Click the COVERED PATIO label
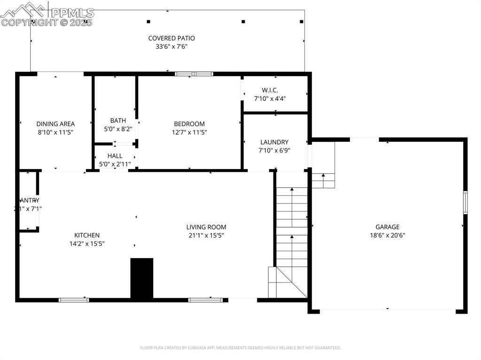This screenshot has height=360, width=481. point(171,38)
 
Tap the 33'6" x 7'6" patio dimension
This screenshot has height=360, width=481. point(171,46)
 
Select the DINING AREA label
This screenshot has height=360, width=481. point(55,124)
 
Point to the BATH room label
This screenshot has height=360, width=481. point(118,121)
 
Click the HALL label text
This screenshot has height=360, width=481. point(115,156)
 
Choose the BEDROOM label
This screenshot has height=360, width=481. point(189,124)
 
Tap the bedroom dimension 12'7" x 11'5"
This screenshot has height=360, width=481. point(189,132)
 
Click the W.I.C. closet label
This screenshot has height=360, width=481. point(270,90)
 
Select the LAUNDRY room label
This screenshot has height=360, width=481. point(274,142)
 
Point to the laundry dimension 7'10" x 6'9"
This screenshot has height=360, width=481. point(274,151)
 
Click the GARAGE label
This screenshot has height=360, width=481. point(388,227)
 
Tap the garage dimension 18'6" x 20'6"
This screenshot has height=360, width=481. point(388,235)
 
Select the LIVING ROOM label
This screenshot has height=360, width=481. point(206,227)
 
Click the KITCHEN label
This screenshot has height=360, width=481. point(87,235)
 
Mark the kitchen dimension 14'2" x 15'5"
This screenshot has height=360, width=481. point(87,244)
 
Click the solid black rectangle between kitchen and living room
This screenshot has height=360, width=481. point(142,278)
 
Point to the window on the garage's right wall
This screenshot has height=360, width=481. point(465,202)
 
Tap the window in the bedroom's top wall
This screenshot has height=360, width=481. point(194,74)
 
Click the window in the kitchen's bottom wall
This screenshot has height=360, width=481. point(74,299)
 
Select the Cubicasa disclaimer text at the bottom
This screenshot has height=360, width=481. point(240,348)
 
